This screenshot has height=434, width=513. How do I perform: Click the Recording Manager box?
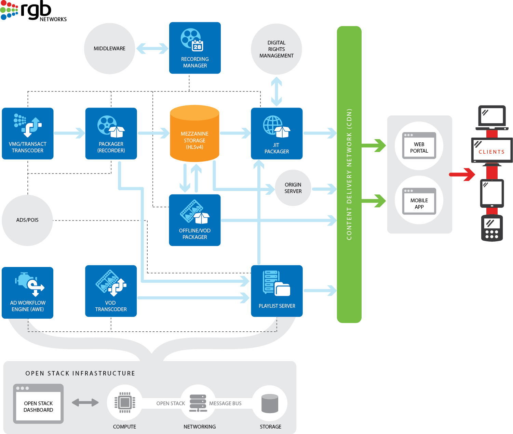pyautogui.click(x=195, y=48)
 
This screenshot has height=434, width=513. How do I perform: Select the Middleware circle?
pyautogui.click(x=109, y=49)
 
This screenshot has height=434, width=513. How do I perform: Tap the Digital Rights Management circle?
pyautogui.click(x=276, y=49)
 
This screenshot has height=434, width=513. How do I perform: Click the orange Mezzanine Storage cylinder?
pyautogui.click(x=194, y=133)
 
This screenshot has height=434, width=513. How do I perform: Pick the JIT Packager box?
pyautogui.click(x=276, y=133)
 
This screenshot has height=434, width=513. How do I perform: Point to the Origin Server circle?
pyautogui.click(x=293, y=188)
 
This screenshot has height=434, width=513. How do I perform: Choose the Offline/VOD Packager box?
pyautogui.click(x=194, y=220)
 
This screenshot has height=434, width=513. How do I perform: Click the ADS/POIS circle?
pyautogui.click(x=27, y=220)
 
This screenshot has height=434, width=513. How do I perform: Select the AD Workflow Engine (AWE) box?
pyautogui.click(x=28, y=293)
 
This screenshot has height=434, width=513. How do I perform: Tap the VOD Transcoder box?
pyautogui.click(x=111, y=291)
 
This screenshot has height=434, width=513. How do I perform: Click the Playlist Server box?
pyautogui.click(x=276, y=291)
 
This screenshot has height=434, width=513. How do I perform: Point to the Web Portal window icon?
pyautogui.click(x=419, y=146)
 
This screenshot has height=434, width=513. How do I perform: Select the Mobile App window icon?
pyautogui.click(x=419, y=202)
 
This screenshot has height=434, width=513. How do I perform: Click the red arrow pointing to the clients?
pyautogui.click(x=462, y=174)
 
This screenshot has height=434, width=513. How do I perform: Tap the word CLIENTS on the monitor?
pyautogui.click(x=491, y=152)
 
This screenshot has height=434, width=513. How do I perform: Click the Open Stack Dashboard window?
pyautogui.click(x=38, y=404)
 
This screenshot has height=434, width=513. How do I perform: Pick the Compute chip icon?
pyautogui.click(x=124, y=403)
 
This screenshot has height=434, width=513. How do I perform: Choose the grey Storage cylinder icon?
pyautogui.click(x=270, y=403)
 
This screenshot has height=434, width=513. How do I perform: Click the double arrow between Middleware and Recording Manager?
pyautogui.click(x=152, y=49)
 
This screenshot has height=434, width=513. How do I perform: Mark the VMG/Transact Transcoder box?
pyautogui.click(x=28, y=133)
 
